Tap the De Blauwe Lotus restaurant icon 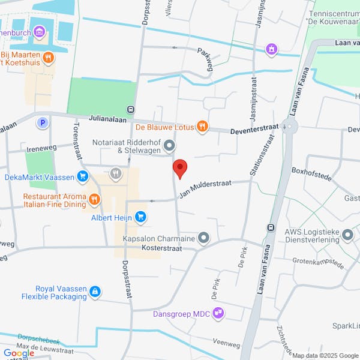click(203, 126)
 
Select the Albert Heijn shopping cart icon click(140, 217)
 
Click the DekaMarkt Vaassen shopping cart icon click(83, 177)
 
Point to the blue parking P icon click(42, 123)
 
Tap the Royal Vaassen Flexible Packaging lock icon click(94, 292)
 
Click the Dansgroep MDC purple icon click(219, 312)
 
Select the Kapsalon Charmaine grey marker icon click(204, 238)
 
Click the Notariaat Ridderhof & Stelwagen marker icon click(170, 146)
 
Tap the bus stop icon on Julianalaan click(130, 109)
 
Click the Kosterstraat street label click(161, 248)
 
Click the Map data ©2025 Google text click(325, 356)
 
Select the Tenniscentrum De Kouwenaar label click(334, 17)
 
